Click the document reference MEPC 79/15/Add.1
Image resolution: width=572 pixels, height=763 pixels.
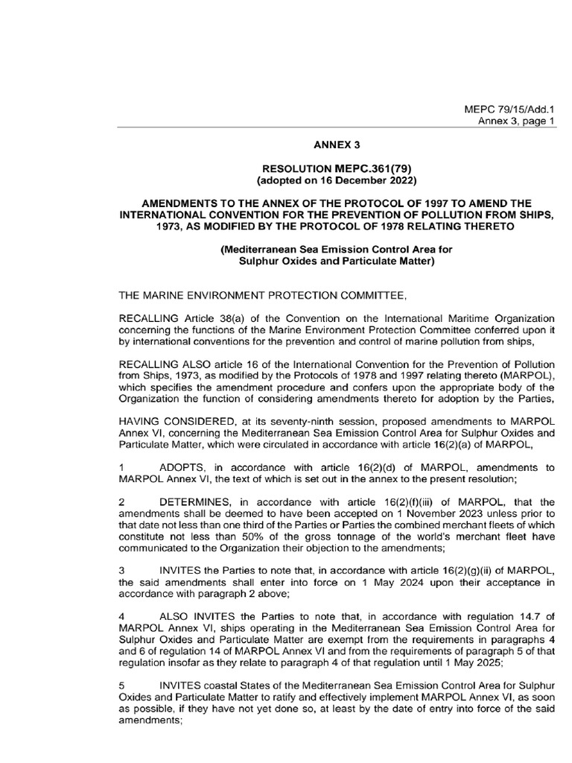tap(509, 110)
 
